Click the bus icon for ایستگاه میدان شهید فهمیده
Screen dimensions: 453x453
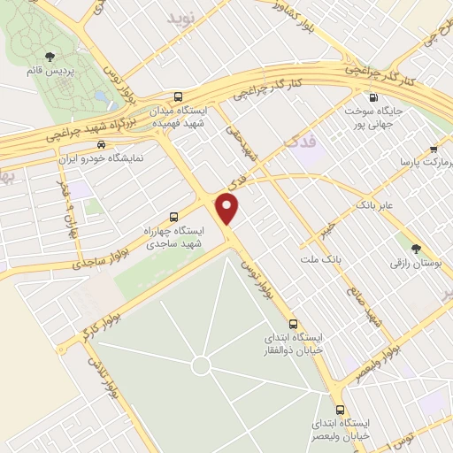tap(180, 96)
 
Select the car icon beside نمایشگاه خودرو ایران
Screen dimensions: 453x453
tap(102, 143)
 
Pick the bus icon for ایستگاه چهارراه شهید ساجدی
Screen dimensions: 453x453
tap(173, 215)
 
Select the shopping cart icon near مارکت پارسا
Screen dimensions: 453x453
tap(433, 149)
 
